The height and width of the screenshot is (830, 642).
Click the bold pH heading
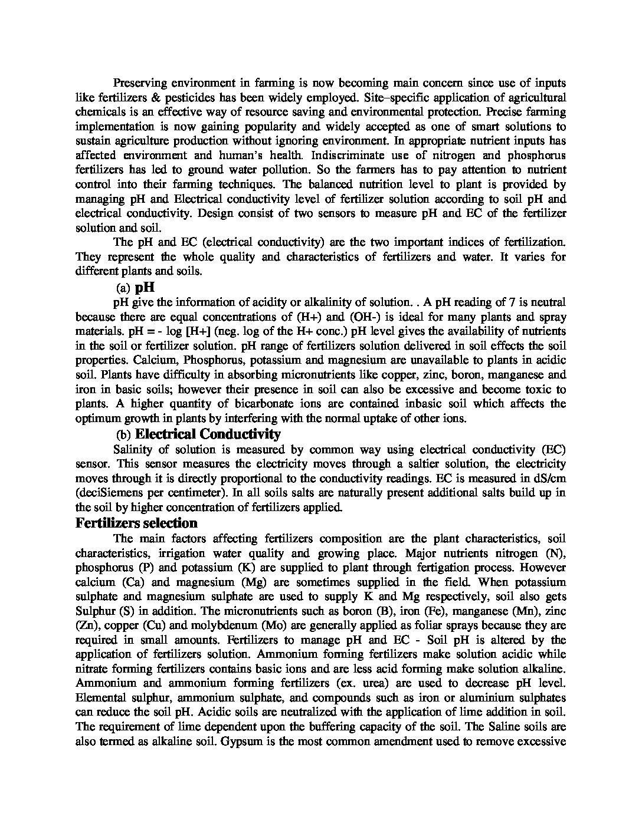click(145, 288)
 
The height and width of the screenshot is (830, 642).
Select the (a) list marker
click(123, 288)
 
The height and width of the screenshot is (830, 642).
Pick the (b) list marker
click(123, 435)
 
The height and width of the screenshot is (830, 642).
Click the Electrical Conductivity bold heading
click(208, 434)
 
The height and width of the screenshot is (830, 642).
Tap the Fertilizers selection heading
click(136, 523)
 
